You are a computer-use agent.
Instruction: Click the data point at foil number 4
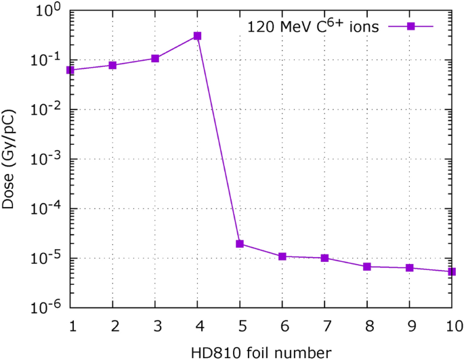click(x=197, y=36)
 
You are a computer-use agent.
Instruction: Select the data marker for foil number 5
click(x=240, y=244)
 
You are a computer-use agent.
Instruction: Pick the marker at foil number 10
click(x=452, y=272)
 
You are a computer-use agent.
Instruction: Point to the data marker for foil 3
click(x=155, y=58)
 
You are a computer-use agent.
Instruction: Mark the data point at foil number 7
click(x=325, y=258)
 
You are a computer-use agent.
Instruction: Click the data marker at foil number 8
click(x=367, y=267)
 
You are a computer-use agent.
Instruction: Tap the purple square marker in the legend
click(x=410, y=26)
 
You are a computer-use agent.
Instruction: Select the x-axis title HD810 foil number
click(x=261, y=351)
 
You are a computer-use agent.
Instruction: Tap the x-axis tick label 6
click(x=282, y=325)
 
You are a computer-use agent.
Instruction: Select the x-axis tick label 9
click(x=410, y=325)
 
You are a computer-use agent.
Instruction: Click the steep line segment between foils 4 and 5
click(x=218, y=139)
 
